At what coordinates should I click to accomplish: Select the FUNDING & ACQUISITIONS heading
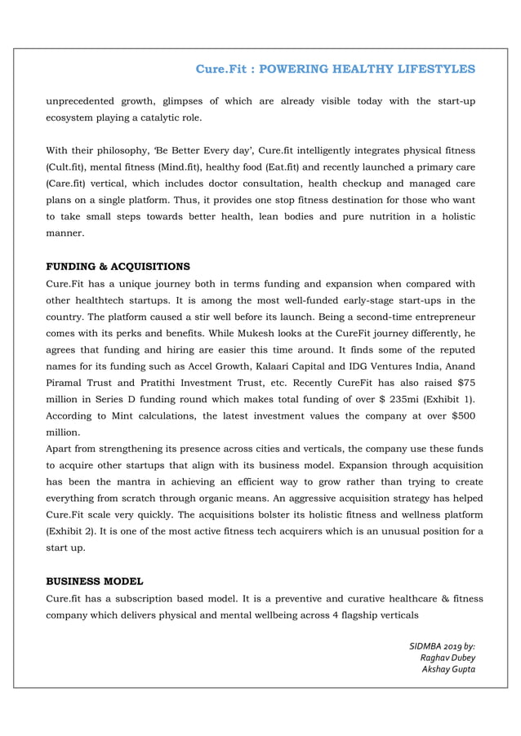[x=118, y=267]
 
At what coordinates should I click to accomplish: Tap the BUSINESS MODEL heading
[x=94, y=581]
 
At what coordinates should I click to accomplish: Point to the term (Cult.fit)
[x=67, y=167]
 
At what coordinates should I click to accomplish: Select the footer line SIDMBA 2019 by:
[x=442, y=646]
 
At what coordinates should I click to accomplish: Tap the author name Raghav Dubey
[x=447, y=658]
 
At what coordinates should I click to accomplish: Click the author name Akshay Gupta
[x=448, y=669]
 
